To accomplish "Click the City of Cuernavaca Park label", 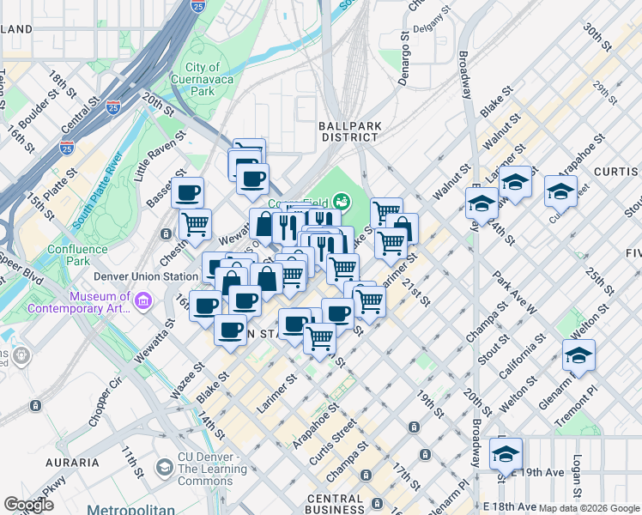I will coord(202,78).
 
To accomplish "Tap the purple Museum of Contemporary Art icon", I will coord(142,300).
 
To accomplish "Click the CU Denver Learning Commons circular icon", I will coord(163,468).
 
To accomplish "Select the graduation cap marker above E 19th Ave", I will coord(506,452).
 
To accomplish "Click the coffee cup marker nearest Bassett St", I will coord(187,191).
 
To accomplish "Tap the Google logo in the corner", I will coord(28,505).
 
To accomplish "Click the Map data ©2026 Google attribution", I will coord(589,508).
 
